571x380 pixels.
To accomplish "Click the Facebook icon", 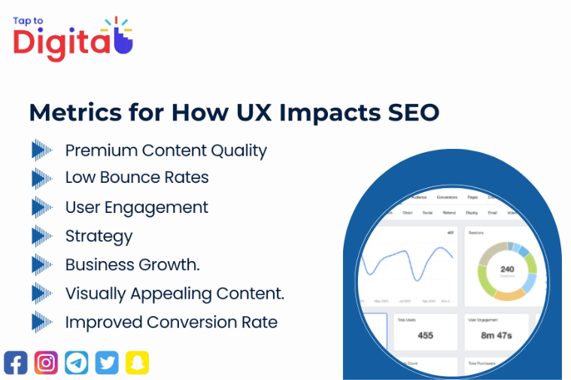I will [x=15, y=363].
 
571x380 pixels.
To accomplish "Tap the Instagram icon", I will [x=46, y=363].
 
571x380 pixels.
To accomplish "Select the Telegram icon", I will [x=77, y=363].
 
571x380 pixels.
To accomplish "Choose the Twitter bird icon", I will [x=107, y=363].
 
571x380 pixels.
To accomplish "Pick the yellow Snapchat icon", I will [x=137, y=363].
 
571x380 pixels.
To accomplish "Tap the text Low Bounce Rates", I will [x=137, y=178].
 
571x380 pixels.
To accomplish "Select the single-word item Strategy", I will [x=99, y=236].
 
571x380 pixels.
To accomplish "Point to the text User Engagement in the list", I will [x=136, y=207].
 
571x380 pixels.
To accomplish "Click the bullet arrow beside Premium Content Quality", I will [x=41, y=150].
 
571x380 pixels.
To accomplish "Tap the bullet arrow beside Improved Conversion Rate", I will [x=41, y=322].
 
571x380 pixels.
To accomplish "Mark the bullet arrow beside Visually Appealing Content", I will [x=41, y=293].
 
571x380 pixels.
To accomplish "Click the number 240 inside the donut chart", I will [x=507, y=269].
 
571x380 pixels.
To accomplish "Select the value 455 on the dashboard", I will [x=425, y=335].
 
